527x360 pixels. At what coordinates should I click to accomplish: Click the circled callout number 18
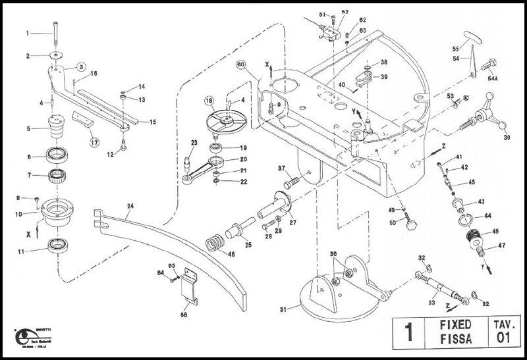click(209, 101)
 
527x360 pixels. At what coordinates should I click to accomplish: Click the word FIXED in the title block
click(455, 324)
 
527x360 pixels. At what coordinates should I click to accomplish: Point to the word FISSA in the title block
click(455, 340)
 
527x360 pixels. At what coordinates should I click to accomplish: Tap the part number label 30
click(506, 138)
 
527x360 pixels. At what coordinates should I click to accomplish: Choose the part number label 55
click(455, 48)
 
